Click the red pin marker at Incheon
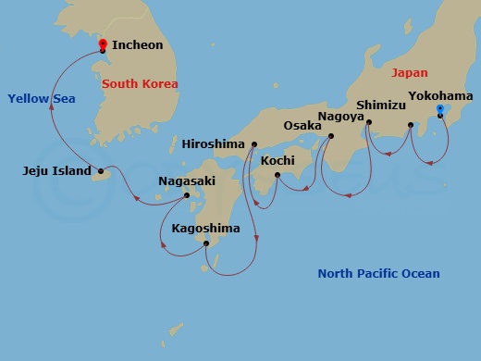(x=102, y=44)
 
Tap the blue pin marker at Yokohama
(x=439, y=110)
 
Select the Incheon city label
(x=137, y=44)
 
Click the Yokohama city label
(x=440, y=96)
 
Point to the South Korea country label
(x=140, y=84)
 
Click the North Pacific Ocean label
(x=378, y=273)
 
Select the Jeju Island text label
(x=56, y=171)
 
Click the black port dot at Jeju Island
(x=101, y=171)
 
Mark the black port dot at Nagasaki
(x=187, y=195)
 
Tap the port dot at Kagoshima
(x=206, y=243)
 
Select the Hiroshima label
(x=214, y=144)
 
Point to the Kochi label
(x=277, y=161)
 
